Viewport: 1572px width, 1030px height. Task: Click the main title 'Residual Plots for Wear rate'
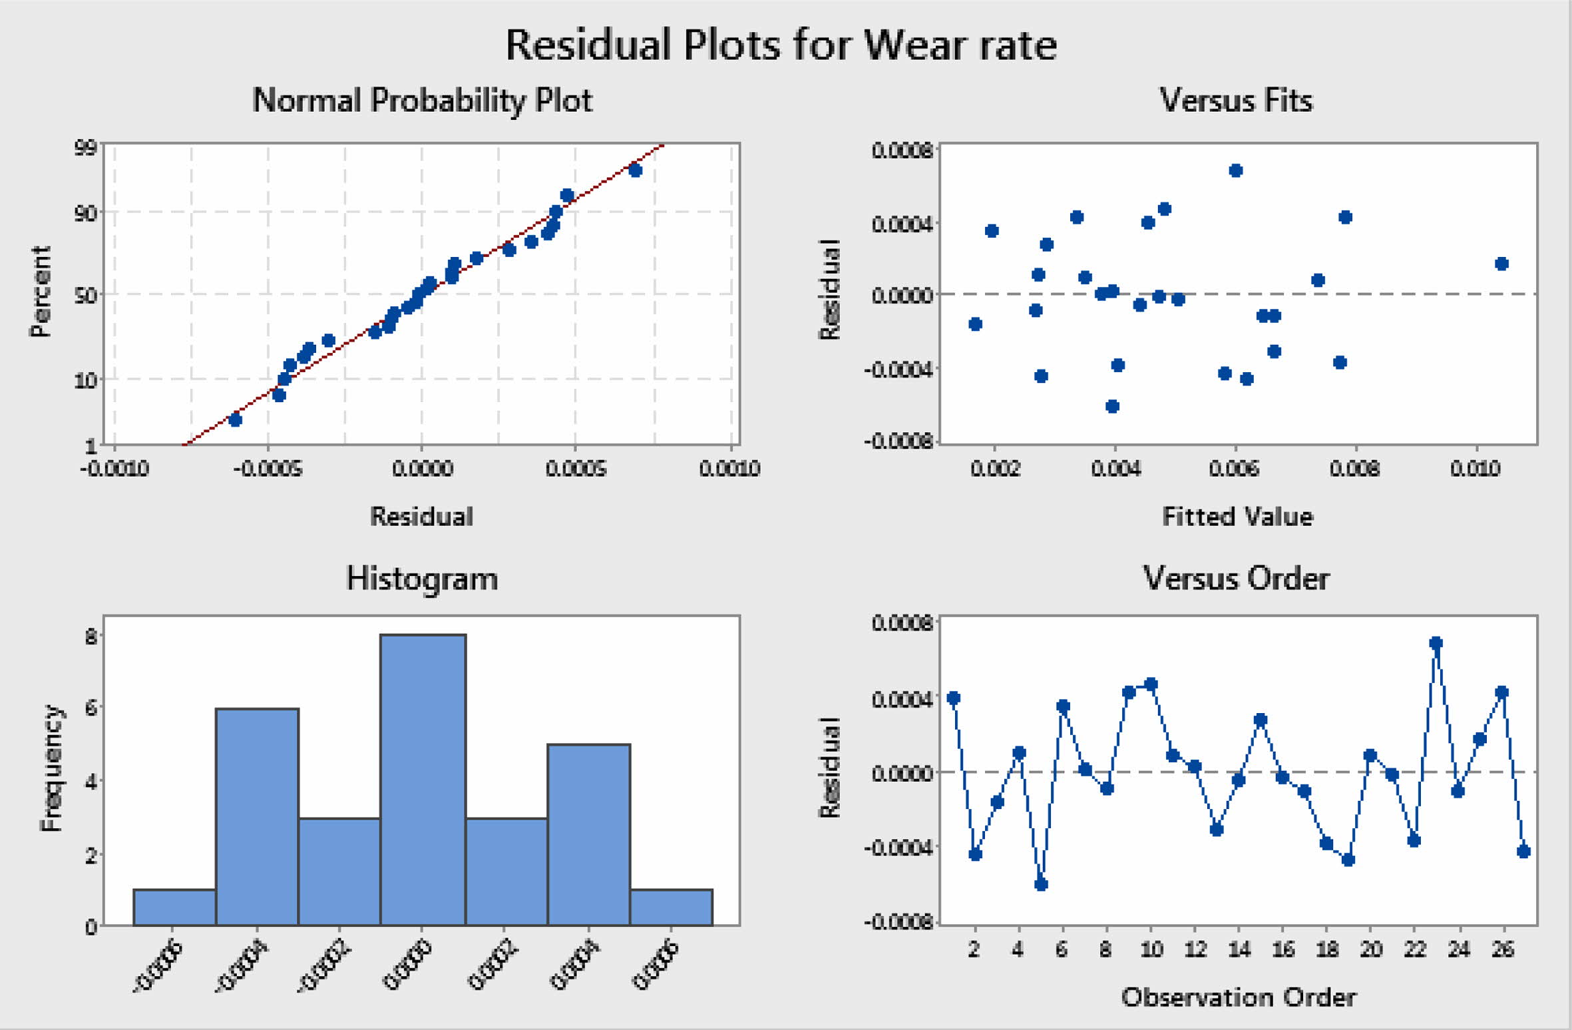781,45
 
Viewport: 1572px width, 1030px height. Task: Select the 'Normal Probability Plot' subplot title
422,101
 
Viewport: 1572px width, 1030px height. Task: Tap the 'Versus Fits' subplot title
1236,101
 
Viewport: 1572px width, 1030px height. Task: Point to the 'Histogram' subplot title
422,578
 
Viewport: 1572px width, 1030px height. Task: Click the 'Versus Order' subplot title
1236,578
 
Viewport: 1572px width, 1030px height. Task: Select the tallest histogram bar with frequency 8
423,779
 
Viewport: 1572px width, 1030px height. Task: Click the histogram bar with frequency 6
257,816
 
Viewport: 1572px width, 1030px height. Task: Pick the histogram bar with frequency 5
588,834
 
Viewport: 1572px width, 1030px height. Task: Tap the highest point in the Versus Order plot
1436,643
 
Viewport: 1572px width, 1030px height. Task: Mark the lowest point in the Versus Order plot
1042,884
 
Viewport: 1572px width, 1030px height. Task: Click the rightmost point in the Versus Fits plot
1501,264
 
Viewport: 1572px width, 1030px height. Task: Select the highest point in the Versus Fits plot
1236,170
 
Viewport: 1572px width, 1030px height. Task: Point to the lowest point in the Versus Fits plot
1112,406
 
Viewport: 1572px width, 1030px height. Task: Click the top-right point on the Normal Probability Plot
635,170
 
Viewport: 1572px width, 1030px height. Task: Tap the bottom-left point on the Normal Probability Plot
235,419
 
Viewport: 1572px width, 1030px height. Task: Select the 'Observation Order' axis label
1238,997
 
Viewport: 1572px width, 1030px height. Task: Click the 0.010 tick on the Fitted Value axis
1475,469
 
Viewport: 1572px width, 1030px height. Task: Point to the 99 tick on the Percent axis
86,148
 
